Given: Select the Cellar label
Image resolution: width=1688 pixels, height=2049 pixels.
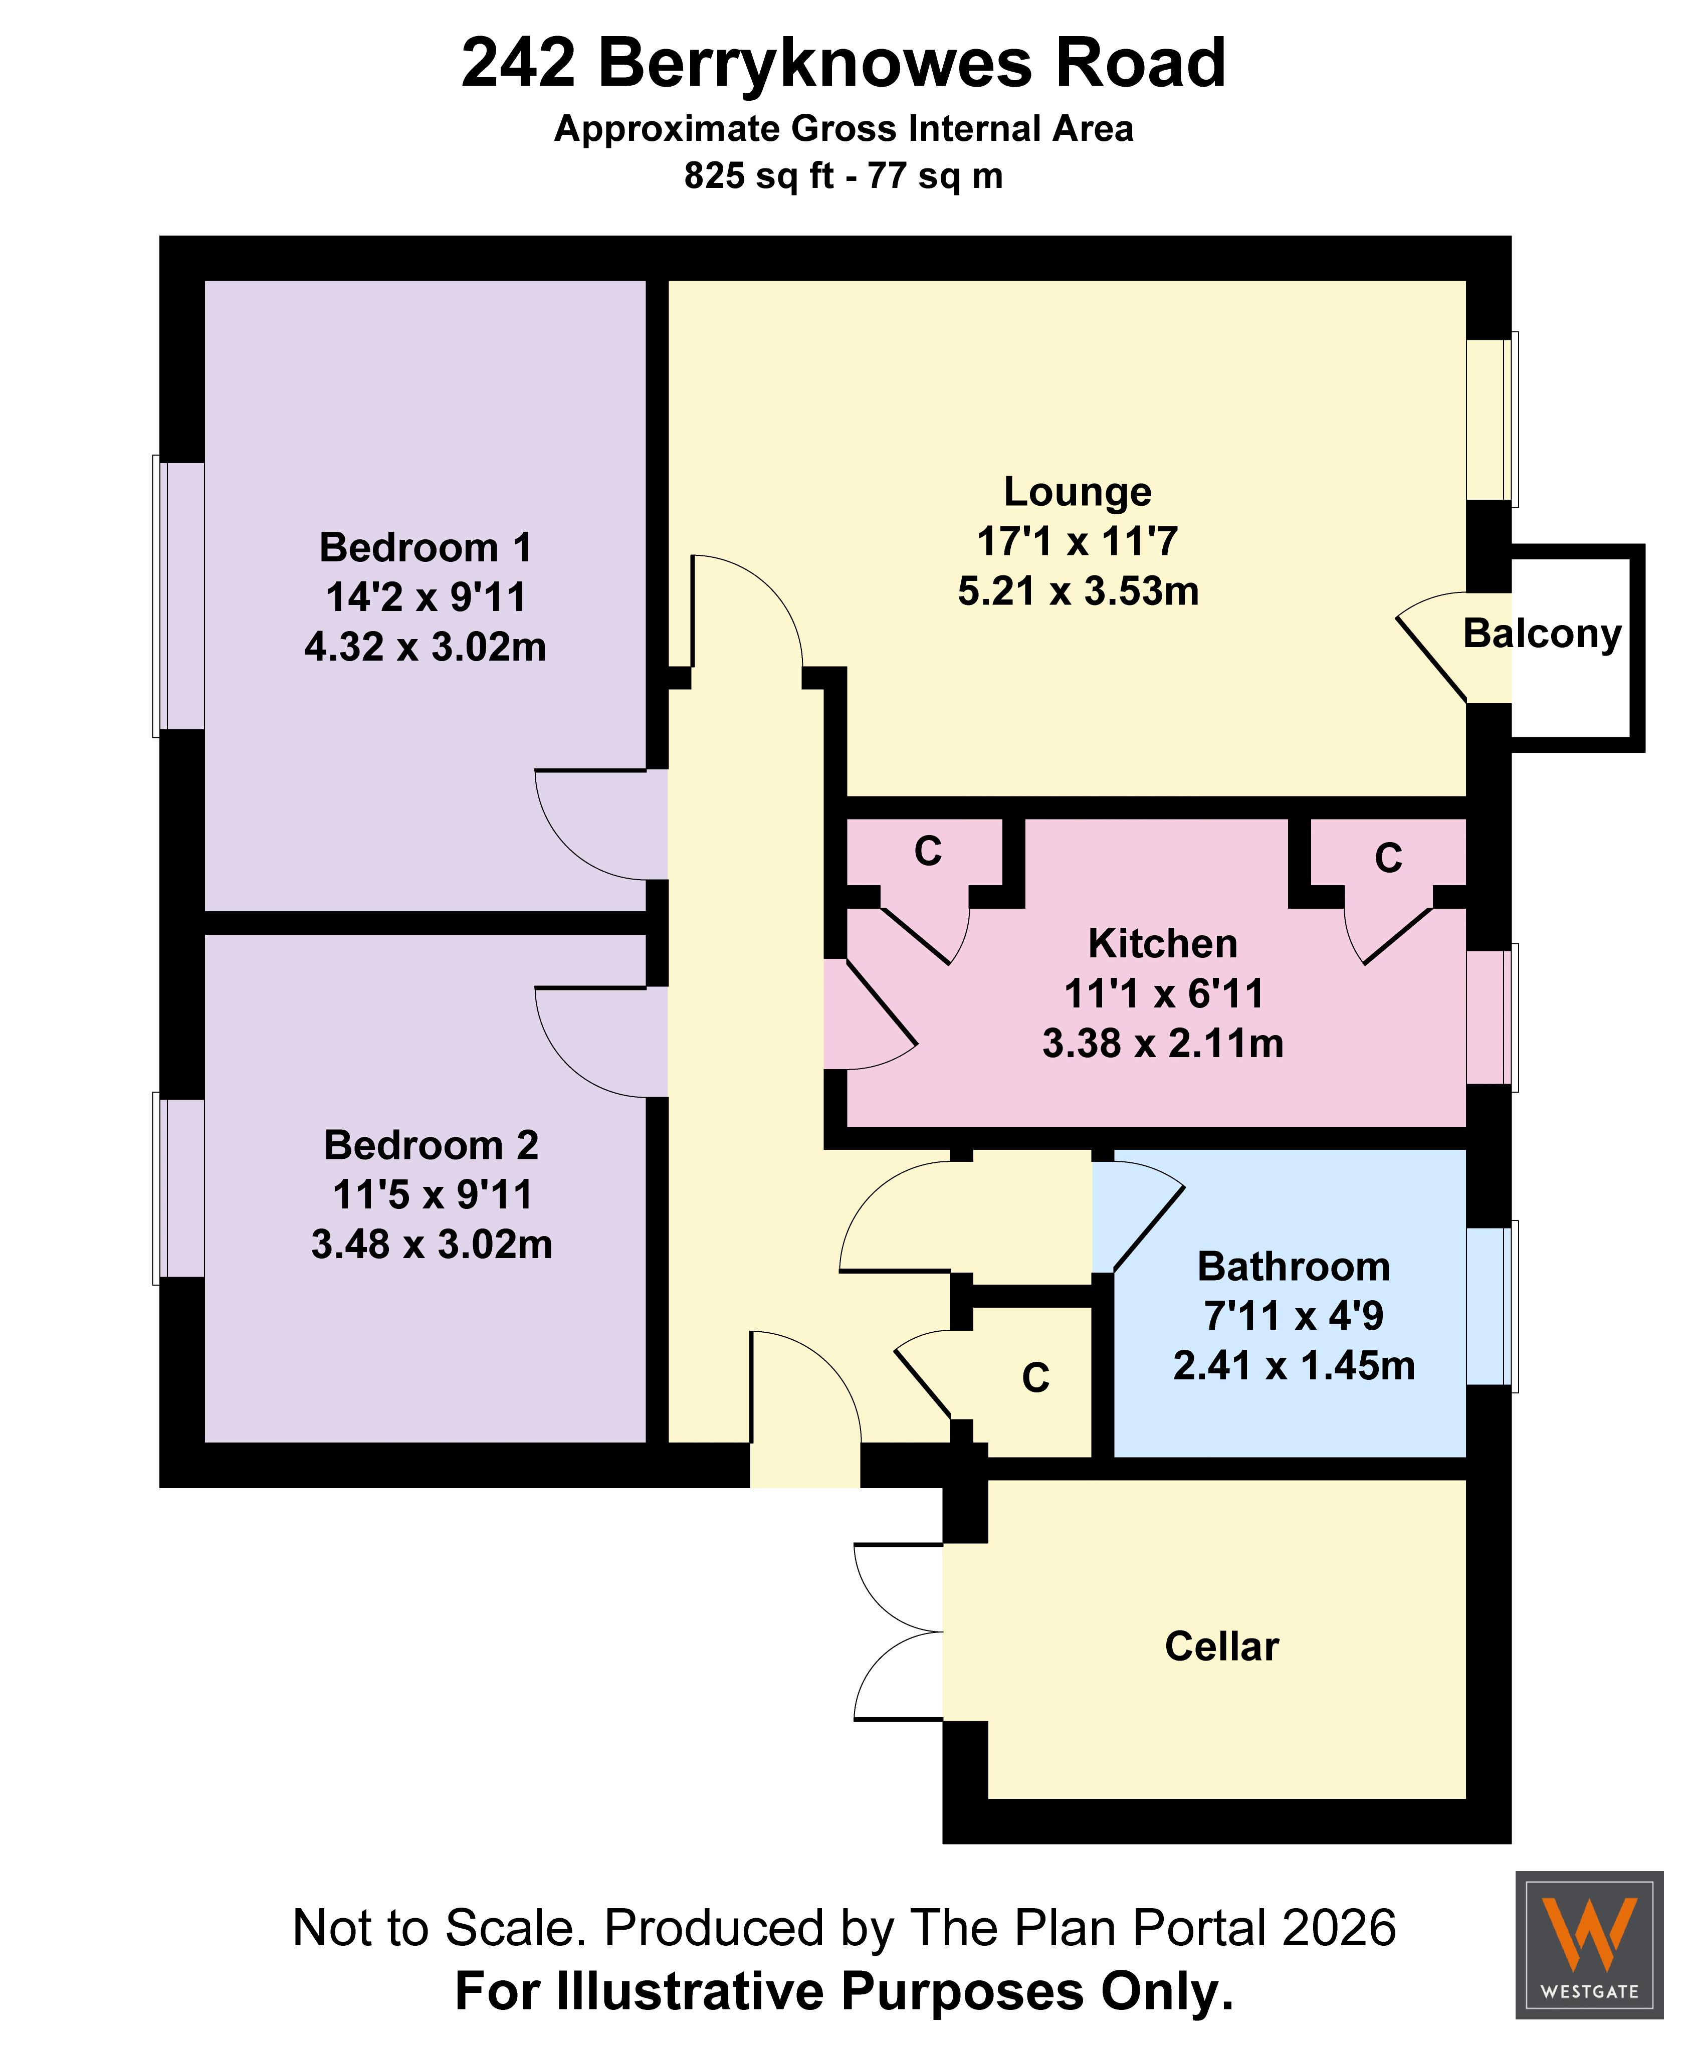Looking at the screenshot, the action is point(1221,1647).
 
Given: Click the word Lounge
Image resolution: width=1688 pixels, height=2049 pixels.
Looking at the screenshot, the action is point(1078,492).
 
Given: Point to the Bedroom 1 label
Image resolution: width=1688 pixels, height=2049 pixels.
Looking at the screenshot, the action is point(426,547).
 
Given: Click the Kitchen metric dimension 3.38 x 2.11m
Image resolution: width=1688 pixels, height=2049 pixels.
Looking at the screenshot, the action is point(1163,1044).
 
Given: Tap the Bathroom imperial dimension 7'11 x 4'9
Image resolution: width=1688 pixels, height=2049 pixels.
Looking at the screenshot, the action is point(1293,1316).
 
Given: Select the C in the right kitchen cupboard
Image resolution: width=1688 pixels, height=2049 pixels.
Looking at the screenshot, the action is point(1388,858).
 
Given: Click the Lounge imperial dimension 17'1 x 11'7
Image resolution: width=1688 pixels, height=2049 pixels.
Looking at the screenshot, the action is point(1078,542).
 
